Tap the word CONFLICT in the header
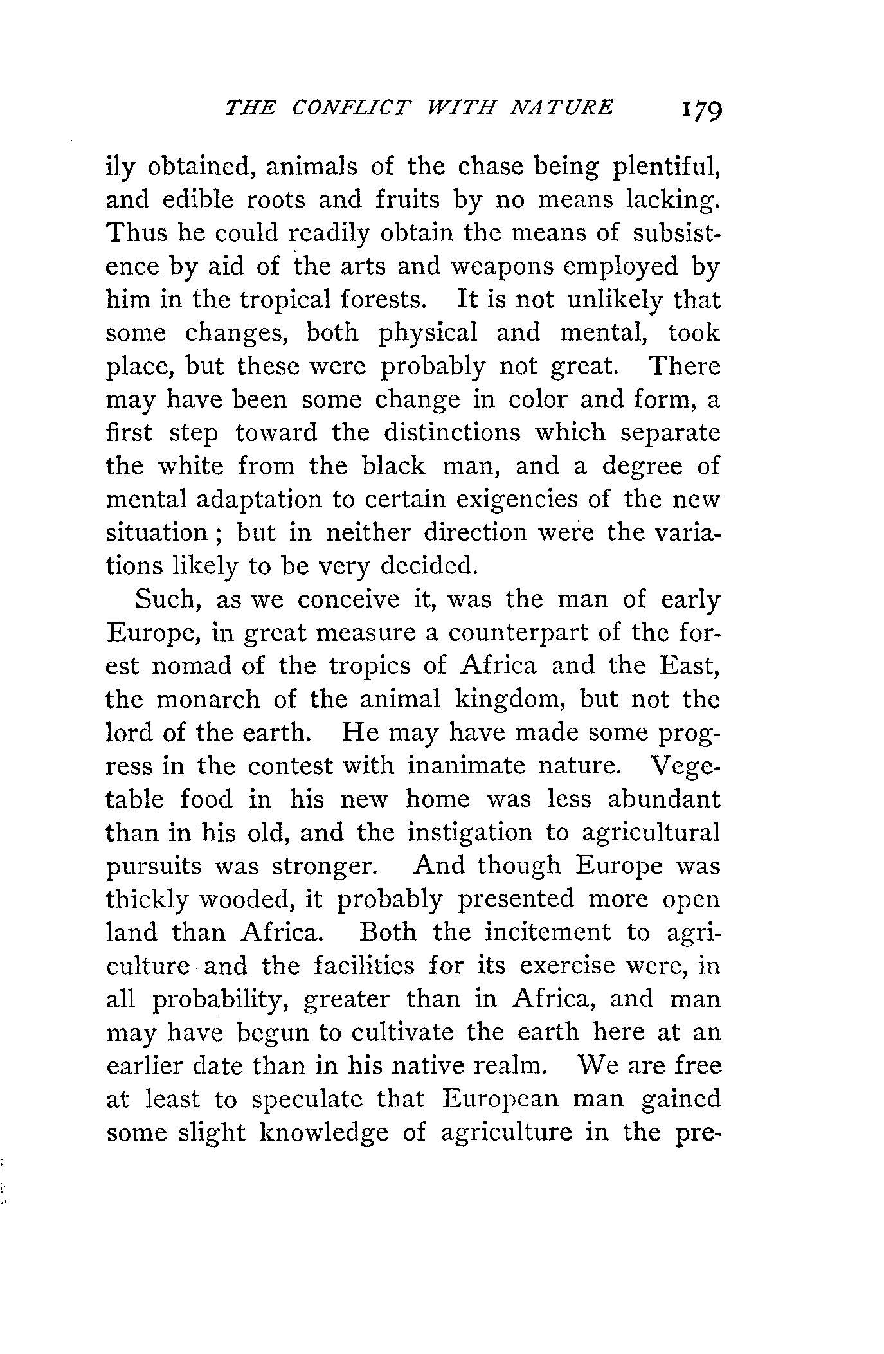350,107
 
